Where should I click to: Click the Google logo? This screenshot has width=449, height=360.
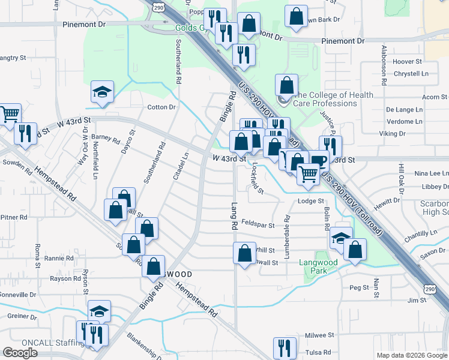(20, 353)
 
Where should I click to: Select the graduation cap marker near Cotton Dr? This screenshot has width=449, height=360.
(102, 92)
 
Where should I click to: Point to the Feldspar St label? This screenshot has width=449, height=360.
(258, 226)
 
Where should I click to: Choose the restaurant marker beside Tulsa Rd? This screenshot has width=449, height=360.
(285, 348)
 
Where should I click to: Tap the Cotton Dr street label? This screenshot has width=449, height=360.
(161, 107)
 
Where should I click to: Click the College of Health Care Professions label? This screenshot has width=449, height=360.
(325, 99)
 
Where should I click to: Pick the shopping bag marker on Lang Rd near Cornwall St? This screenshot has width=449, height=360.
(244, 253)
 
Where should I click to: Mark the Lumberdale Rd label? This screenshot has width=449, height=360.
(288, 236)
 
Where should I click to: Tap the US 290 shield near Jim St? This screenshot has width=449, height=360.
(429, 289)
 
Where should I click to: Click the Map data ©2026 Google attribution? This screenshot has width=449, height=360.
(411, 355)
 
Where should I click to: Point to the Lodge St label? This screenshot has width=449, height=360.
(311, 201)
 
